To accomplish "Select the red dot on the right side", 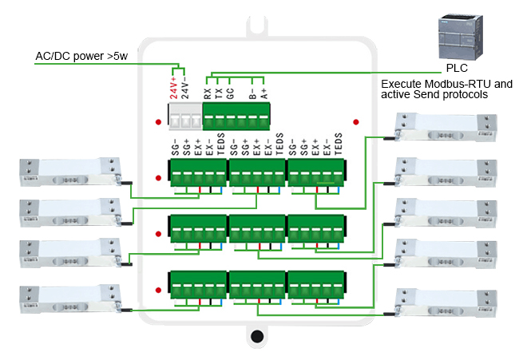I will [355, 122].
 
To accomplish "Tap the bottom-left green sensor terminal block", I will [196, 283].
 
